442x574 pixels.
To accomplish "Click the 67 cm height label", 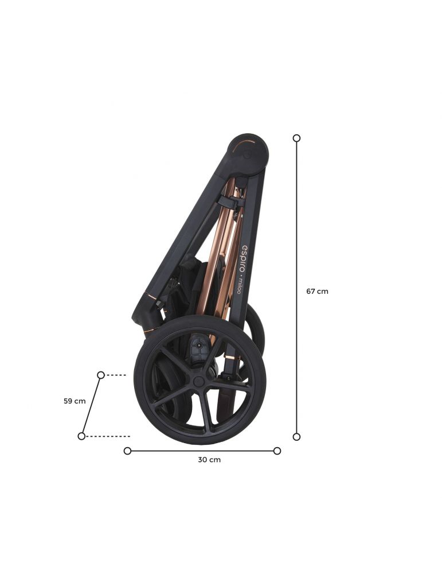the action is coord(317,292).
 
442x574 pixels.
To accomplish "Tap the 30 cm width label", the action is coord(209,460).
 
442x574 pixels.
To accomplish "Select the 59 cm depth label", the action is coord(75,401).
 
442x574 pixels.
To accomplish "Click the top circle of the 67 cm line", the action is coord(296,138).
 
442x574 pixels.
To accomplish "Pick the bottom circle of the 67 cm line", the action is coord(296,437).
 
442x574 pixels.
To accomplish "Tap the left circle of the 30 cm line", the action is coord(127,451).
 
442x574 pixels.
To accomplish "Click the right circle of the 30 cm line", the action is coord(277,451).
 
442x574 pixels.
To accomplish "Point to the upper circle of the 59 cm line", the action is coord(101,375).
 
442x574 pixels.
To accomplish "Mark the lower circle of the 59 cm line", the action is coord(81,436).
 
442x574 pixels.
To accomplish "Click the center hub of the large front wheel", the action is coord(198,382).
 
